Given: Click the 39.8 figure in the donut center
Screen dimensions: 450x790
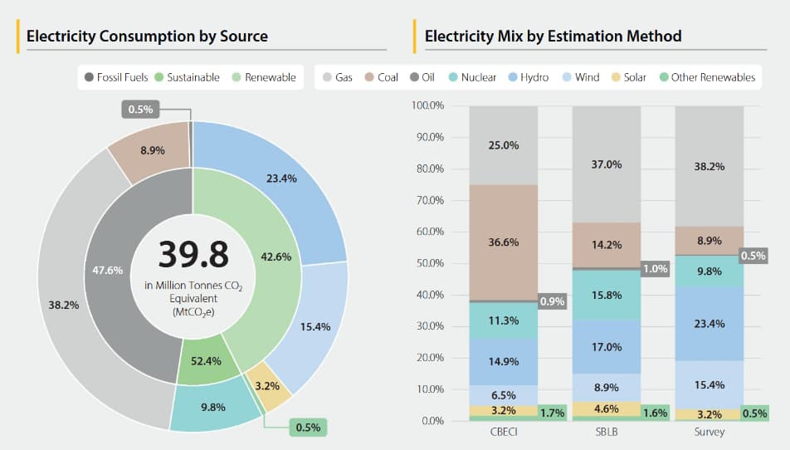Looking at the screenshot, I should [192, 254].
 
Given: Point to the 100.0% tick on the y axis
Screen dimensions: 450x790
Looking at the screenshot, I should [427, 106].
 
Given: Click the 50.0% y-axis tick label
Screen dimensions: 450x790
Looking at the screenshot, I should [427, 263].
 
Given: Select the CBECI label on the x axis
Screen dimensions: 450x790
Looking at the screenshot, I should [504, 433].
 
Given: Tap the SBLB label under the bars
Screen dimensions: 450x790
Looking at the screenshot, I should [607, 433].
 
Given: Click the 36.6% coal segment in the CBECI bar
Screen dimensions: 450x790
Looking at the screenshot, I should [504, 242].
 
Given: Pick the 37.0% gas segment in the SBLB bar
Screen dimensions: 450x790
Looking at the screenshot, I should [607, 164].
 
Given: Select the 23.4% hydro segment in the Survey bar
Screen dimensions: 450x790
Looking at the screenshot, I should [710, 324].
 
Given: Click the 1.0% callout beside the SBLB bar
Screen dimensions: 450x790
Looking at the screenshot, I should [656, 269].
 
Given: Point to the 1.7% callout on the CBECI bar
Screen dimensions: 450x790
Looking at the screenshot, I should [552, 412].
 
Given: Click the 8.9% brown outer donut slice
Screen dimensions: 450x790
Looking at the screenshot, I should [152, 150].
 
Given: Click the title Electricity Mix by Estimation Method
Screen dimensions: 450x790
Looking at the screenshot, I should [553, 37].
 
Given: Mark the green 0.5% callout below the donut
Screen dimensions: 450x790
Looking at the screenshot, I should [307, 428].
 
